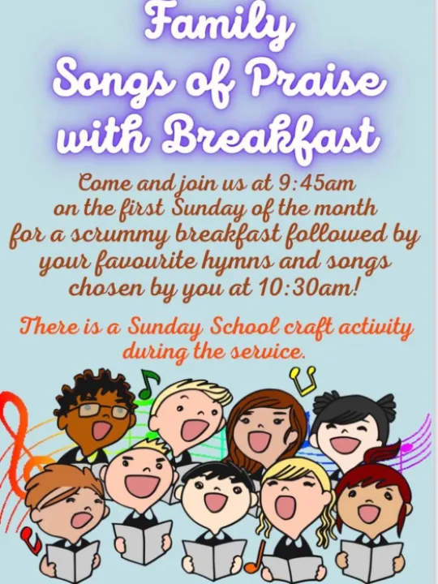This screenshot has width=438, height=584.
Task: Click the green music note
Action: (x=148, y=384)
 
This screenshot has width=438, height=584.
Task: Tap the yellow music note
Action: (x=303, y=380)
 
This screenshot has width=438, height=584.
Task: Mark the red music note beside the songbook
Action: (x=31, y=536)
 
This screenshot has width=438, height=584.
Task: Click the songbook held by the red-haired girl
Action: (x=370, y=560)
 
